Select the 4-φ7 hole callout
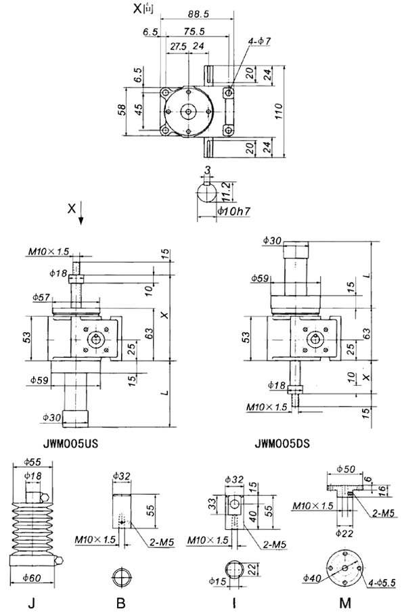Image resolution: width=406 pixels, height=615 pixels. click(x=259, y=41)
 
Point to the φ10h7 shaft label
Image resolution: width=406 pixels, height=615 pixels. click(x=233, y=212)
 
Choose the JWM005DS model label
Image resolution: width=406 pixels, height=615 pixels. click(x=282, y=445)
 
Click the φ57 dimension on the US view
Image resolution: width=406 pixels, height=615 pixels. click(x=42, y=297)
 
